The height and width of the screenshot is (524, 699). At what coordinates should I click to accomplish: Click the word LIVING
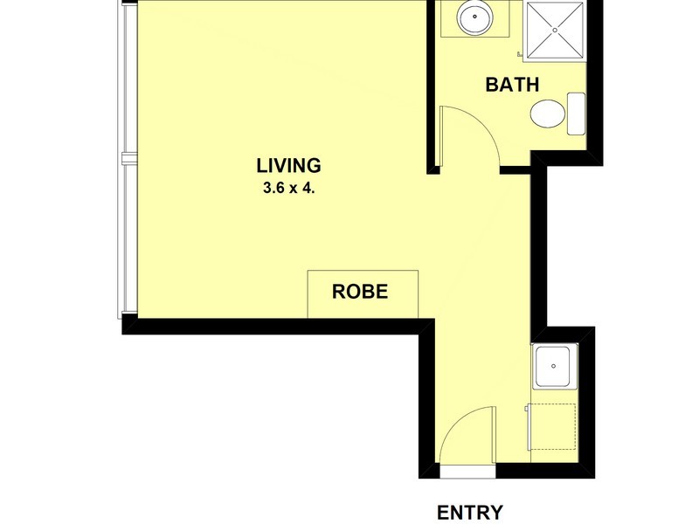[288, 164]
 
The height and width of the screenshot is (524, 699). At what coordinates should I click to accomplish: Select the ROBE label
[359, 292]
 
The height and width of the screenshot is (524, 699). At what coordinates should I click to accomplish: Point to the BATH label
[512, 85]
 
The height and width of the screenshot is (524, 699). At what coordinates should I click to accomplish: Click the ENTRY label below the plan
[469, 512]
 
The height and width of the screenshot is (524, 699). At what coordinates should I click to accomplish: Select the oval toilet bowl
[547, 114]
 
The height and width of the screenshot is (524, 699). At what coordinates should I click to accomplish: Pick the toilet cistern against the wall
[576, 114]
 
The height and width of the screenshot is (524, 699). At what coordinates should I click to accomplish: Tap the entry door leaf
[441, 442]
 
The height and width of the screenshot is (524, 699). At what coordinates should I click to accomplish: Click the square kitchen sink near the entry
[554, 365]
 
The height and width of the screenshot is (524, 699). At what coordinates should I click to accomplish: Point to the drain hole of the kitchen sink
[554, 365]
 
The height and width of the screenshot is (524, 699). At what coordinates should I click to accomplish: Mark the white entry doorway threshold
[467, 472]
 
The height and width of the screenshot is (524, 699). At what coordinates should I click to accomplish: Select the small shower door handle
[521, 56]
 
